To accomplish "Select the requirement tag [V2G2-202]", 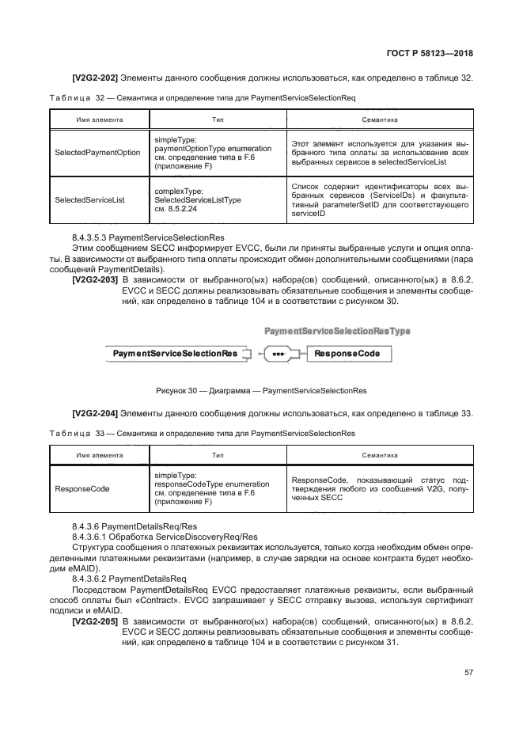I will click(95, 78).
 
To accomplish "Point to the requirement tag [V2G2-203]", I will click(95, 279).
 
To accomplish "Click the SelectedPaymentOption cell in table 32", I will click(97, 153).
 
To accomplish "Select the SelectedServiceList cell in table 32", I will click(89, 200).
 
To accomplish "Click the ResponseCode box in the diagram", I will click(347, 353).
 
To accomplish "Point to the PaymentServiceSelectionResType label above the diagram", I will click(337, 330).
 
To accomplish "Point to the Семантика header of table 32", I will click(379, 120).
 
